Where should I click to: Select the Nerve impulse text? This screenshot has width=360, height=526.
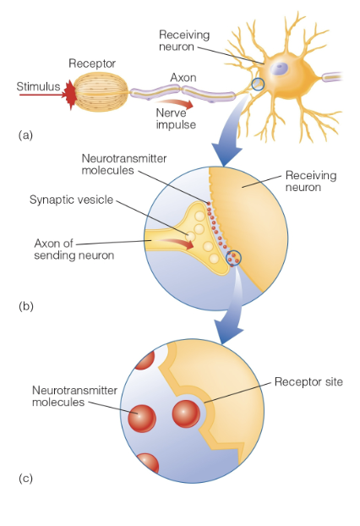(177, 118)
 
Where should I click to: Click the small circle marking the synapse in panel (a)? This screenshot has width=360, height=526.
(258, 85)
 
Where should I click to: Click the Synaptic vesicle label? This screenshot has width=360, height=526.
(71, 200)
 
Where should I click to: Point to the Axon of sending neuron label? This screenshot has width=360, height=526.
(67, 249)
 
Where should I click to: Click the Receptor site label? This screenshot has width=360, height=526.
(308, 382)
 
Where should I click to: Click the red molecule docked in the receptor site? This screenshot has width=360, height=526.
(187, 414)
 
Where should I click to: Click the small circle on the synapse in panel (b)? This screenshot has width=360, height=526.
(234, 258)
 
